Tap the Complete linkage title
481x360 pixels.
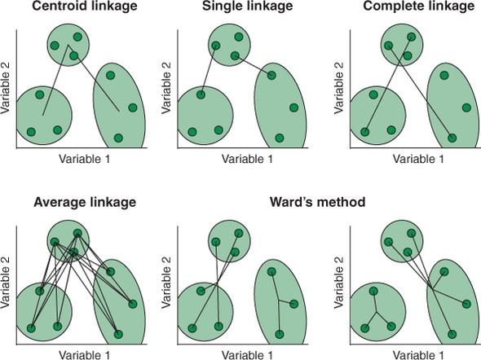[416, 8]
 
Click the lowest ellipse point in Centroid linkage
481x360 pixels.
[118, 138]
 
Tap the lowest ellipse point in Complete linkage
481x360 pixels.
[452, 138]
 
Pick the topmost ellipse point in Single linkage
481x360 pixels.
[271, 76]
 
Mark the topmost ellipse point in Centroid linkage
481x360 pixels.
[110, 75]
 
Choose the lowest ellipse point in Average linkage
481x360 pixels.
[118, 333]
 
